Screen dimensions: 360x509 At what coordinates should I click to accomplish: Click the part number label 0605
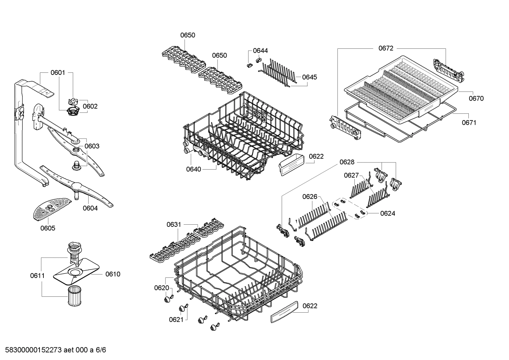coord(48,228)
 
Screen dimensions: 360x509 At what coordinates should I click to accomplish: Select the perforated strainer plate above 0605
coord(50,208)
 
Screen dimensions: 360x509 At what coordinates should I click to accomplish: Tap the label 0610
coord(113,274)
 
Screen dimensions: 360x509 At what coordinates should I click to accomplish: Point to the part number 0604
coord(90,208)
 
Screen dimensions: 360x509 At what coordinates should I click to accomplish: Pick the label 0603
coord(92,146)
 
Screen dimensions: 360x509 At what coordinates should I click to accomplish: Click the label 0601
coord(58,73)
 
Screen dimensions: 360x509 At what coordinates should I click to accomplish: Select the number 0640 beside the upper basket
coord(193,169)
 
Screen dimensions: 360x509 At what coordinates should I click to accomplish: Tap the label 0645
coord(310,77)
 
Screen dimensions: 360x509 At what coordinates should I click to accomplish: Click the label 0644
coord(260,51)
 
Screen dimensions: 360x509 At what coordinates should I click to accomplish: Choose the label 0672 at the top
coord(386,48)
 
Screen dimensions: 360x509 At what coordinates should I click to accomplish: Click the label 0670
coord(476,99)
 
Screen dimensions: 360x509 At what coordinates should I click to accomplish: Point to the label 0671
coord(469,123)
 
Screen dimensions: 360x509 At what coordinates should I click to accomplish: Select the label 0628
coord(347,162)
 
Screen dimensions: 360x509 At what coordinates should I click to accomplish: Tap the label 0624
coord(388,213)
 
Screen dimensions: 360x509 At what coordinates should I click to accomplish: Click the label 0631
coord(174,224)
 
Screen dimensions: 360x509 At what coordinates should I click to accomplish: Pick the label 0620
coord(162,288)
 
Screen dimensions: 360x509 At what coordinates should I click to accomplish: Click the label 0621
coord(176,320)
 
